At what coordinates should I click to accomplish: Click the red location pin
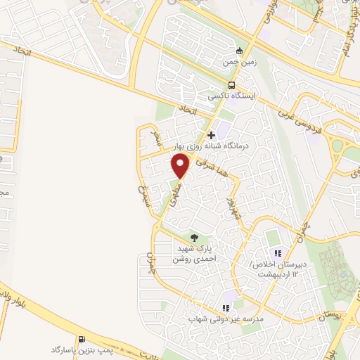[x=181, y=165]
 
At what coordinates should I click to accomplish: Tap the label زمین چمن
[x=238, y=63]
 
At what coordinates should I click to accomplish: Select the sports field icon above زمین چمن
[x=239, y=51]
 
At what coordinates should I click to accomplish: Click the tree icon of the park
[x=195, y=237]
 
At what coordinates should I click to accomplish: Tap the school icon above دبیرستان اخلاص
[x=278, y=253]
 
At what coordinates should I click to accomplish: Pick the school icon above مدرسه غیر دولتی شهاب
[x=226, y=307]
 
